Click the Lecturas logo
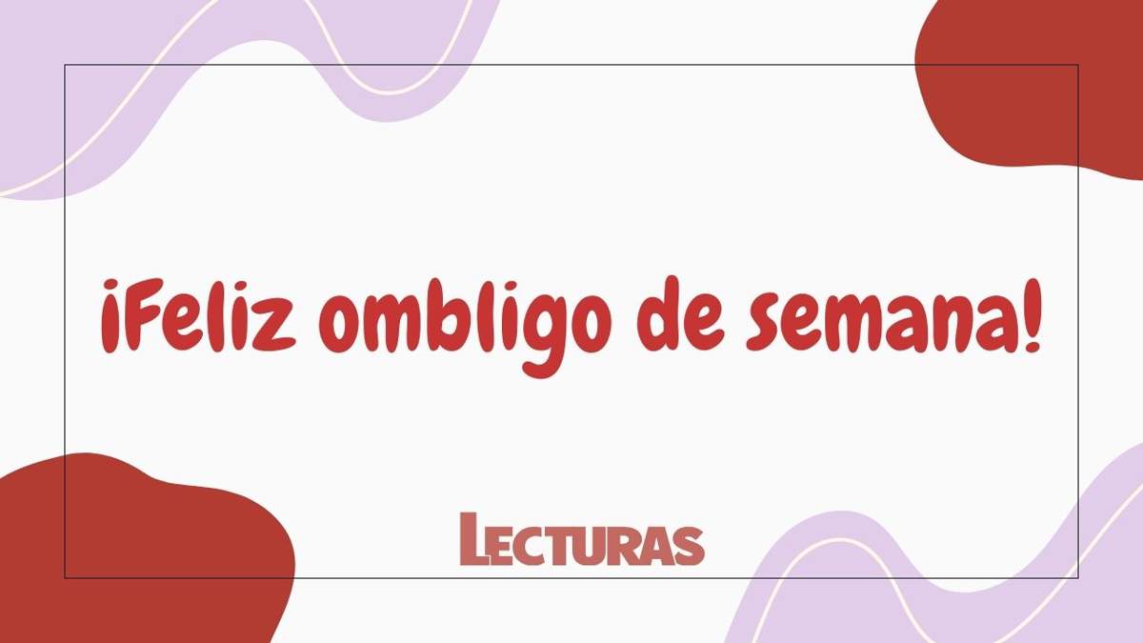(581, 540)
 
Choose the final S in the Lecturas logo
(691, 545)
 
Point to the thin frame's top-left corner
(65, 65)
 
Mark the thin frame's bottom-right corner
(1077, 577)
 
